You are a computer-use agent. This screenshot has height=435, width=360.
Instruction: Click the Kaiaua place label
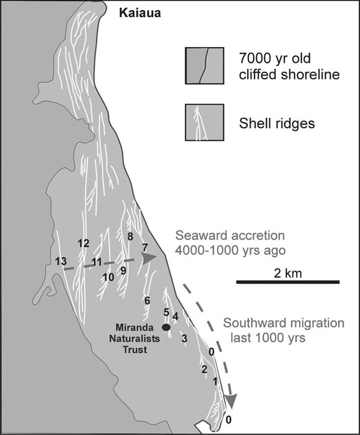click(x=140, y=13)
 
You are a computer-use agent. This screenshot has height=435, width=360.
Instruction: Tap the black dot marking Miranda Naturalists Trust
click(x=166, y=327)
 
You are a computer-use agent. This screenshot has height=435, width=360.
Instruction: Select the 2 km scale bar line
click(x=288, y=282)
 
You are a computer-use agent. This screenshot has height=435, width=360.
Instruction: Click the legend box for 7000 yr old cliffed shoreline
click(x=204, y=65)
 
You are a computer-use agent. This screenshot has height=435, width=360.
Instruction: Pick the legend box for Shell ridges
click(x=204, y=123)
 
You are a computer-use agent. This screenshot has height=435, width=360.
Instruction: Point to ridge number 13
click(x=61, y=262)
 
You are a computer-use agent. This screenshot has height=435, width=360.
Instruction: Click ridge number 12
click(x=83, y=243)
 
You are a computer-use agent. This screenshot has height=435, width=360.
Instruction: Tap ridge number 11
click(x=97, y=262)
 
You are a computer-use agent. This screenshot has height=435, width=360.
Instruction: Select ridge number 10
click(x=109, y=277)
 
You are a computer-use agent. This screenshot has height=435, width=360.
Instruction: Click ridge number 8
click(x=130, y=237)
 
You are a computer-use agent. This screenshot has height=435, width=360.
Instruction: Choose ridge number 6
click(x=147, y=300)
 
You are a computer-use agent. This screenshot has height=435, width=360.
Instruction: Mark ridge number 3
click(x=184, y=338)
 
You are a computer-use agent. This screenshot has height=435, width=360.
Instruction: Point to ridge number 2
click(x=204, y=369)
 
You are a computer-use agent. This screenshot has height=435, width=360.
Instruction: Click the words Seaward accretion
click(x=230, y=236)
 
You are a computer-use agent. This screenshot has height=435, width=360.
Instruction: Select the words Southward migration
click(x=284, y=323)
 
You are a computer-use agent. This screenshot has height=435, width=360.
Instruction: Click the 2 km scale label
click(x=288, y=273)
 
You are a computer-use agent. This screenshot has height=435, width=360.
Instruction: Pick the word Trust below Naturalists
click(x=135, y=349)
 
